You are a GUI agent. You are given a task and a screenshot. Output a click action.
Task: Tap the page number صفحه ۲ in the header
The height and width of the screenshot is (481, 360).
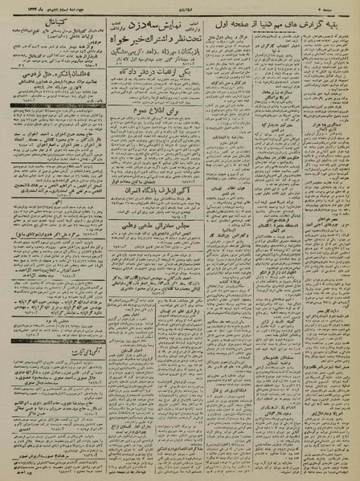pyautogui.click(x=342, y=8)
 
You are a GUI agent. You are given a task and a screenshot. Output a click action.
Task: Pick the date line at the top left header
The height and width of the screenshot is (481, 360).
pyautogui.click(x=48, y=8)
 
